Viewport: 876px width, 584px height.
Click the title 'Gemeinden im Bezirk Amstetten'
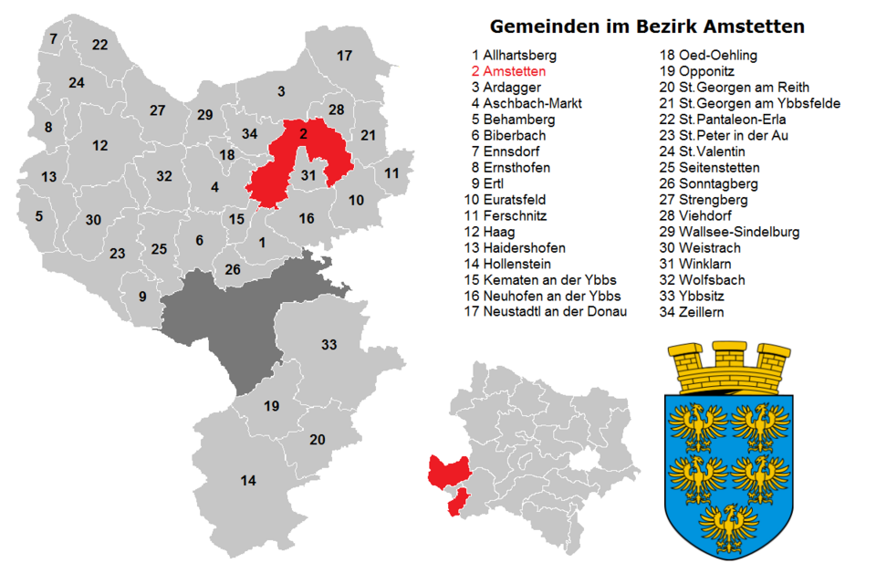click(x=647, y=26)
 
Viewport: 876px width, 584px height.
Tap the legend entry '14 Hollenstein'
click(x=517, y=264)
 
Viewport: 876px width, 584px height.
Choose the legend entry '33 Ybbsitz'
click(x=700, y=297)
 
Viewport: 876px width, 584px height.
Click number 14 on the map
click(x=248, y=480)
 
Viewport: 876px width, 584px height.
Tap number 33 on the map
click(x=329, y=345)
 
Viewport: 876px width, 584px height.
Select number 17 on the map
click(x=344, y=56)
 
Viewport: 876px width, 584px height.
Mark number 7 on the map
click(x=53, y=38)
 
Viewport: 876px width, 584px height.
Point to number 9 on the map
click(x=142, y=296)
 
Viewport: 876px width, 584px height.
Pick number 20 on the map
click(x=318, y=440)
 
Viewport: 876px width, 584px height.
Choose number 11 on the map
click(x=391, y=172)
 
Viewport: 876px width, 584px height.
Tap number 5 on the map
click(x=38, y=216)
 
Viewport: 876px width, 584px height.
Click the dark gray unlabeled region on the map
click(x=228, y=324)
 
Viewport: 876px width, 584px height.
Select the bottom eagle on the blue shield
click(x=728, y=527)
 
